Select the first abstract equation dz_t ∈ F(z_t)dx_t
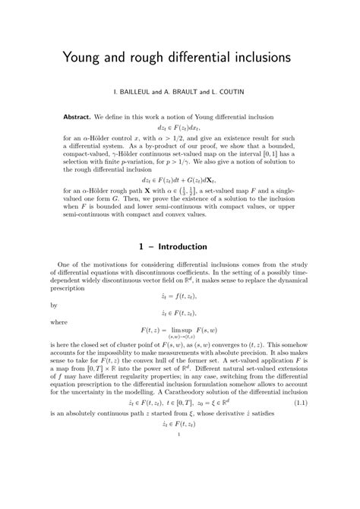(x=180, y=129)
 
